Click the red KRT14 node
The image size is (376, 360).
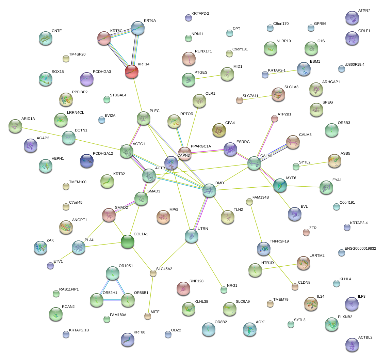[131, 71]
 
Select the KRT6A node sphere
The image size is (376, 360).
[138, 28]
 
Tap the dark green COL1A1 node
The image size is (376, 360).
[128, 241]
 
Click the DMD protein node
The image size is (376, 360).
[209, 190]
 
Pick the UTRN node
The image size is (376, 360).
[191, 235]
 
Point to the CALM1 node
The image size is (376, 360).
[254, 163]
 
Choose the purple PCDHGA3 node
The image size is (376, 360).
[86, 79]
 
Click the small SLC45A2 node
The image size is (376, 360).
[153, 273]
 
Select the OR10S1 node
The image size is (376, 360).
[112, 272]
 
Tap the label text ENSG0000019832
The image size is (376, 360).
[360, 249]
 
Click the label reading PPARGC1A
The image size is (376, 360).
[201, 146]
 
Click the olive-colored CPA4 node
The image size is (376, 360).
[219, 129]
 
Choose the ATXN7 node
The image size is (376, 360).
[352, 18]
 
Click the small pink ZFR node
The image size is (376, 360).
[306, 232]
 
